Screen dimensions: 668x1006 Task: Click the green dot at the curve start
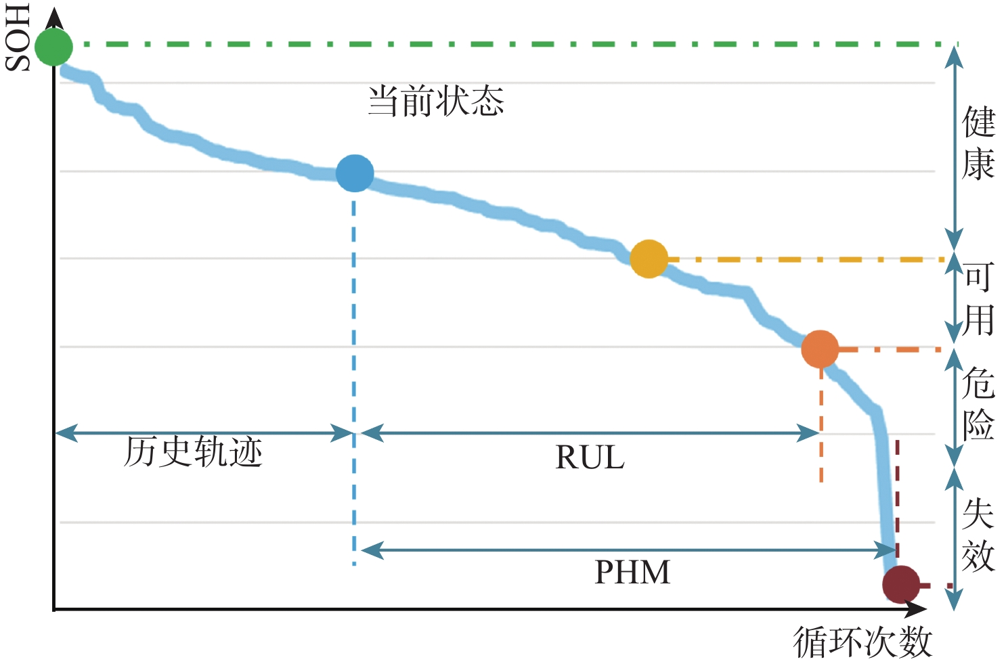(x=53, y=47)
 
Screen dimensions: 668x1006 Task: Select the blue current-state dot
(x=355, y=173)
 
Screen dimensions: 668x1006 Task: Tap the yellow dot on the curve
(x=649, y=259)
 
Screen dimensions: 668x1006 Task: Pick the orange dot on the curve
(x=820, y=349)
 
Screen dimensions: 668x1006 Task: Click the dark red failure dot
(x=901, y=584)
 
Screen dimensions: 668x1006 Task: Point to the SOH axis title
(x=18, y=37)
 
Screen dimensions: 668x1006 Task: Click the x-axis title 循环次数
(x=862, y=641)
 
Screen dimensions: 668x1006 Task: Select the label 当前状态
(x=436, y=102)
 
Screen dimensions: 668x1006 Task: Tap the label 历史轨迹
(x=194, y=452)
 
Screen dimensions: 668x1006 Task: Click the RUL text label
(x=590, y=458)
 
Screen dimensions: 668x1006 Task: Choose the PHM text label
(x=632, y=573)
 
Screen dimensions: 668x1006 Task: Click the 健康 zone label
(x=979, y=143)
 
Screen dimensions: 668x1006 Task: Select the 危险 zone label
(x=979, y=404)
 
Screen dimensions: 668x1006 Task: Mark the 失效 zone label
(x=979, y=534)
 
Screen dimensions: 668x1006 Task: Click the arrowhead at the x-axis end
(x=917, y=609)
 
